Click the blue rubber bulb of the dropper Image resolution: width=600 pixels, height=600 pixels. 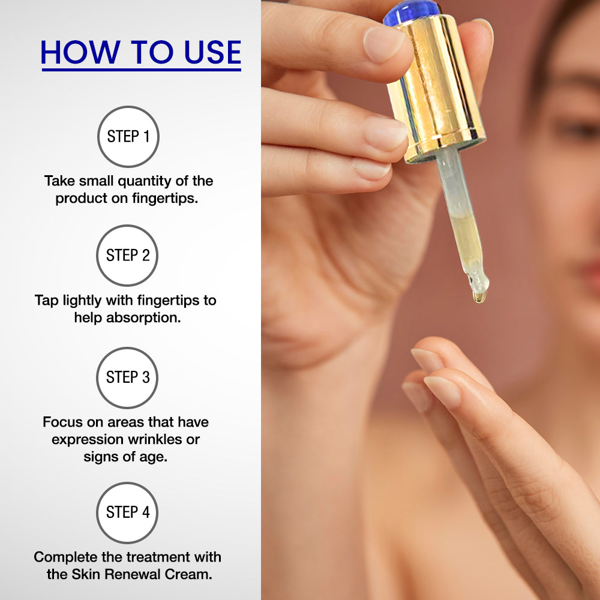(x=412, y=11)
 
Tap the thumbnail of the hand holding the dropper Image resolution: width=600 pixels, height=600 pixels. (x=383, y=44)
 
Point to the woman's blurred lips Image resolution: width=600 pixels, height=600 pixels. (x=590, y=274)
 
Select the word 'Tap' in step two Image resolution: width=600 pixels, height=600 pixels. (x=47, y=301)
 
